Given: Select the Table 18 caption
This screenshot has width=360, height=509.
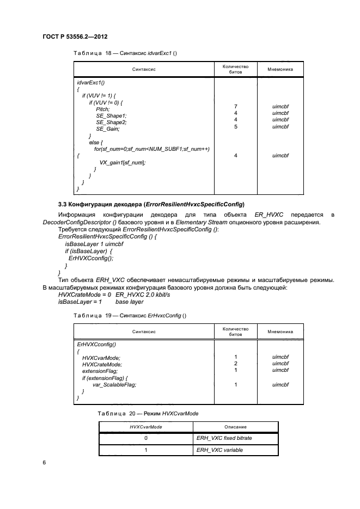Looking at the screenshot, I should pos(125,53).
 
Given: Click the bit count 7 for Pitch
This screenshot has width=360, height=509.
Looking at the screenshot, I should pos(235,106).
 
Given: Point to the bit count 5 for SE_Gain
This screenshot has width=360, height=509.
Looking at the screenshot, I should pos(235,126).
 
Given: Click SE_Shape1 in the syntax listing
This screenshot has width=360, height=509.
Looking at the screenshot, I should pos(111,116).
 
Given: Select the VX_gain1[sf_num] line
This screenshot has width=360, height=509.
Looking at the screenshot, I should pos(123,163).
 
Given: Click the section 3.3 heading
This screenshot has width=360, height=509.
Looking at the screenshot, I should pos(151,204).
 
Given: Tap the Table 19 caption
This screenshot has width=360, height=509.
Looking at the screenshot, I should pos(130,315).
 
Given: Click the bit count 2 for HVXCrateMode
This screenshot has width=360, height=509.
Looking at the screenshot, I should pos(235,364).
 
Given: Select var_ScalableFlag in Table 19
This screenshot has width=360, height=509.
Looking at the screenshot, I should pos(114,384).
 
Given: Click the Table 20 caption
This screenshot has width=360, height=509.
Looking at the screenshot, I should pos(147,413).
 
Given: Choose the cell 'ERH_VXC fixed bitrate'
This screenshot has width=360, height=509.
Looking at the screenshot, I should pos(223,438).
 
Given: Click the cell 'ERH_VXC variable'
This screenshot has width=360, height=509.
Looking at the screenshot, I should pos(219,450).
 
